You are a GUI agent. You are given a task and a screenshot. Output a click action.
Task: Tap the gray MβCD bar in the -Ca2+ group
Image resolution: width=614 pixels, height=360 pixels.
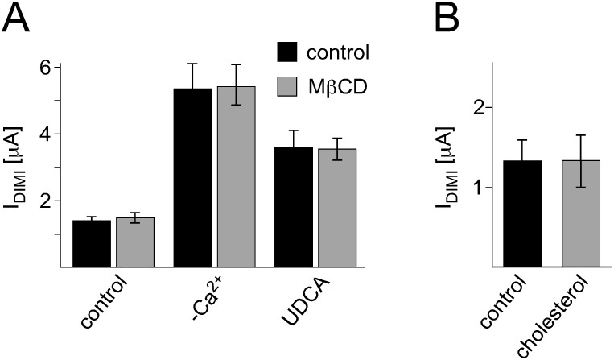[237, 176]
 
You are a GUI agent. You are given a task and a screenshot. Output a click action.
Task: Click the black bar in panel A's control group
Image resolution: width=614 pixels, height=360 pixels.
[92, 242]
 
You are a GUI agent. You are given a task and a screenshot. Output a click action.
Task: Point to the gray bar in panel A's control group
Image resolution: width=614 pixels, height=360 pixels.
[135, 242]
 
